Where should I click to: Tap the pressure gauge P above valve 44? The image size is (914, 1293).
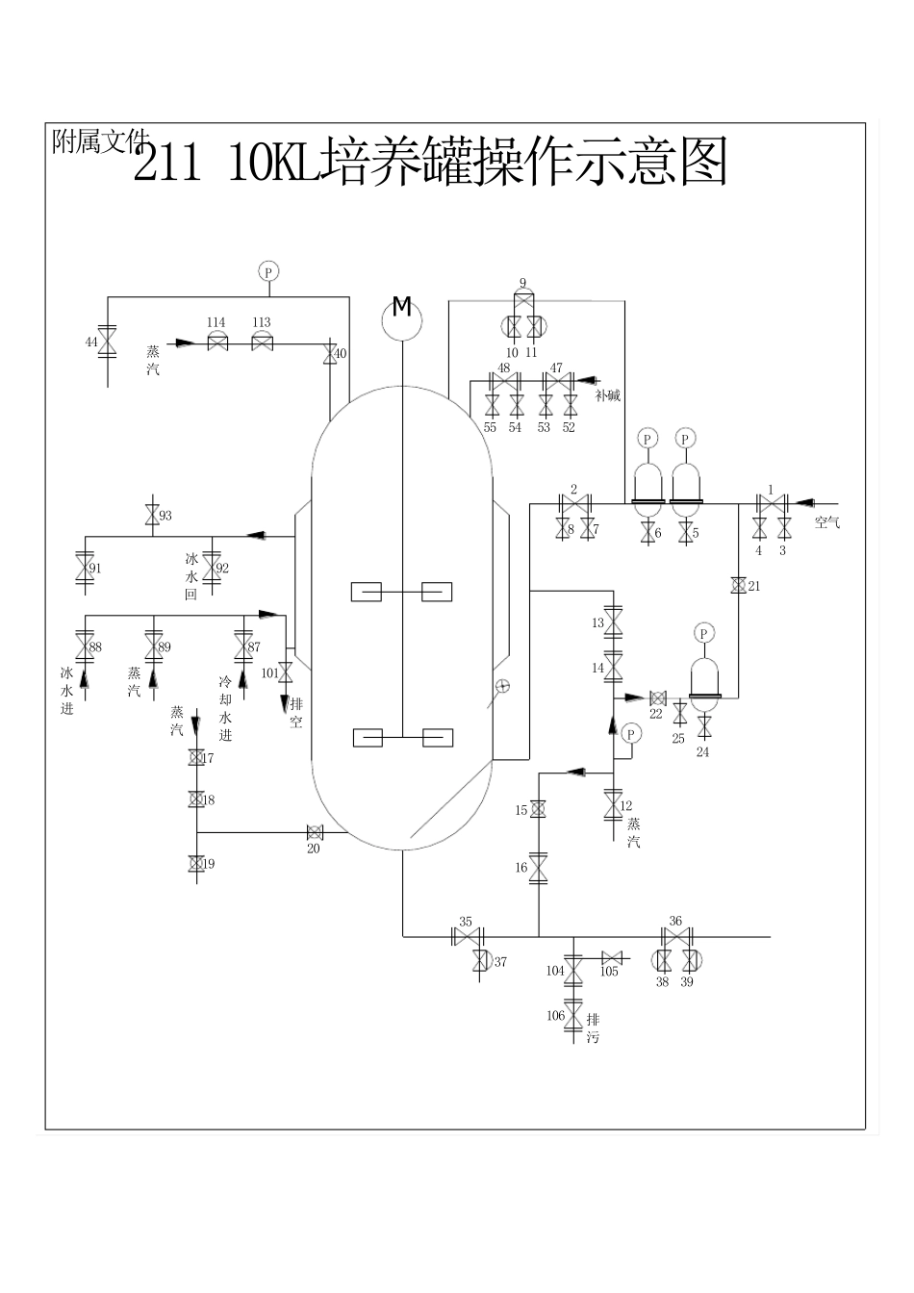[x=268, y=271]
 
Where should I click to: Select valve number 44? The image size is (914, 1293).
[x=107, y=342]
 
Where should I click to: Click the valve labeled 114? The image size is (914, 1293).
[x=216, y=342]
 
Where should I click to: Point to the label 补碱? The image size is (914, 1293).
[x=607, y=395]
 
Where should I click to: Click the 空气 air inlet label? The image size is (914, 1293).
[x=826, y=523]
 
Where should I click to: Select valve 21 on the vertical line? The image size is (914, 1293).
[x=739, y=586]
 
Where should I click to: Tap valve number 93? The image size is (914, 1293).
[x=151, y=516]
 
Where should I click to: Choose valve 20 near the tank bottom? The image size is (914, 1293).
[x=314, y=832]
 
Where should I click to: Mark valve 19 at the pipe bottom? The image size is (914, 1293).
[x=196, y=864]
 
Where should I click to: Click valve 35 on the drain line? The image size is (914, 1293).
[x=467, y=936]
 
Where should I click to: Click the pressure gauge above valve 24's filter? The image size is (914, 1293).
[x=705, y=633]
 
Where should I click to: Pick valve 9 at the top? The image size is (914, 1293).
[x=522, y=300]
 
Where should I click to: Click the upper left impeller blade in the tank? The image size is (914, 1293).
[x=367, y=592]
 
